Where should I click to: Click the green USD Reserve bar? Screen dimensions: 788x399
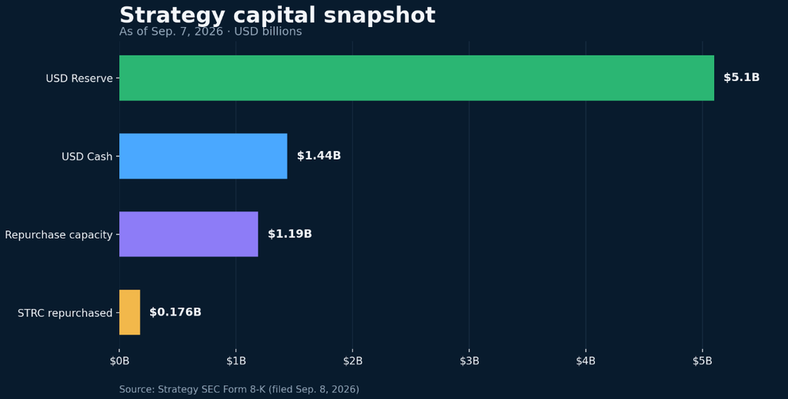416,78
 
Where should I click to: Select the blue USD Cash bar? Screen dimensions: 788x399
203,156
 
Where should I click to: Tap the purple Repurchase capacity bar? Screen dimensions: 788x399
189,234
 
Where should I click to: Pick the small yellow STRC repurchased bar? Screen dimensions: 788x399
129,312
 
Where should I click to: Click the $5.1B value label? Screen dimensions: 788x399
741,78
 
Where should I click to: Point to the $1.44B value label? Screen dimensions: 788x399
319,156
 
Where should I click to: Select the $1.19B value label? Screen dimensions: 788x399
289,234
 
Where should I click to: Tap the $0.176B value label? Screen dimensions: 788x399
175,312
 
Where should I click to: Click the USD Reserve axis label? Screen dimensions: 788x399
79,79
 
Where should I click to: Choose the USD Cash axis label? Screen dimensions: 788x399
87,156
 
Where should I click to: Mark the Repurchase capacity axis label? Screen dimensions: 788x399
58,235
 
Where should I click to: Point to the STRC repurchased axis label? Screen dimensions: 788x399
65,313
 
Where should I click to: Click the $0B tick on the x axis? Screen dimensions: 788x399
119,360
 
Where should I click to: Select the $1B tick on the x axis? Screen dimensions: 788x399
236,360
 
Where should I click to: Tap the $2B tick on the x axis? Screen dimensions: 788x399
352,360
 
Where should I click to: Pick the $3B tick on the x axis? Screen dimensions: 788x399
469,360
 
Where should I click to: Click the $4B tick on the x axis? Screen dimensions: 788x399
586,360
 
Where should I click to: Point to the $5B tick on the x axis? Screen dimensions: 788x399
703,360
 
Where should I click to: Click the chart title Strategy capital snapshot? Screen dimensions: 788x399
277,15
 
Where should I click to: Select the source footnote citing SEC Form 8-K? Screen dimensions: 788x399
239,390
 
